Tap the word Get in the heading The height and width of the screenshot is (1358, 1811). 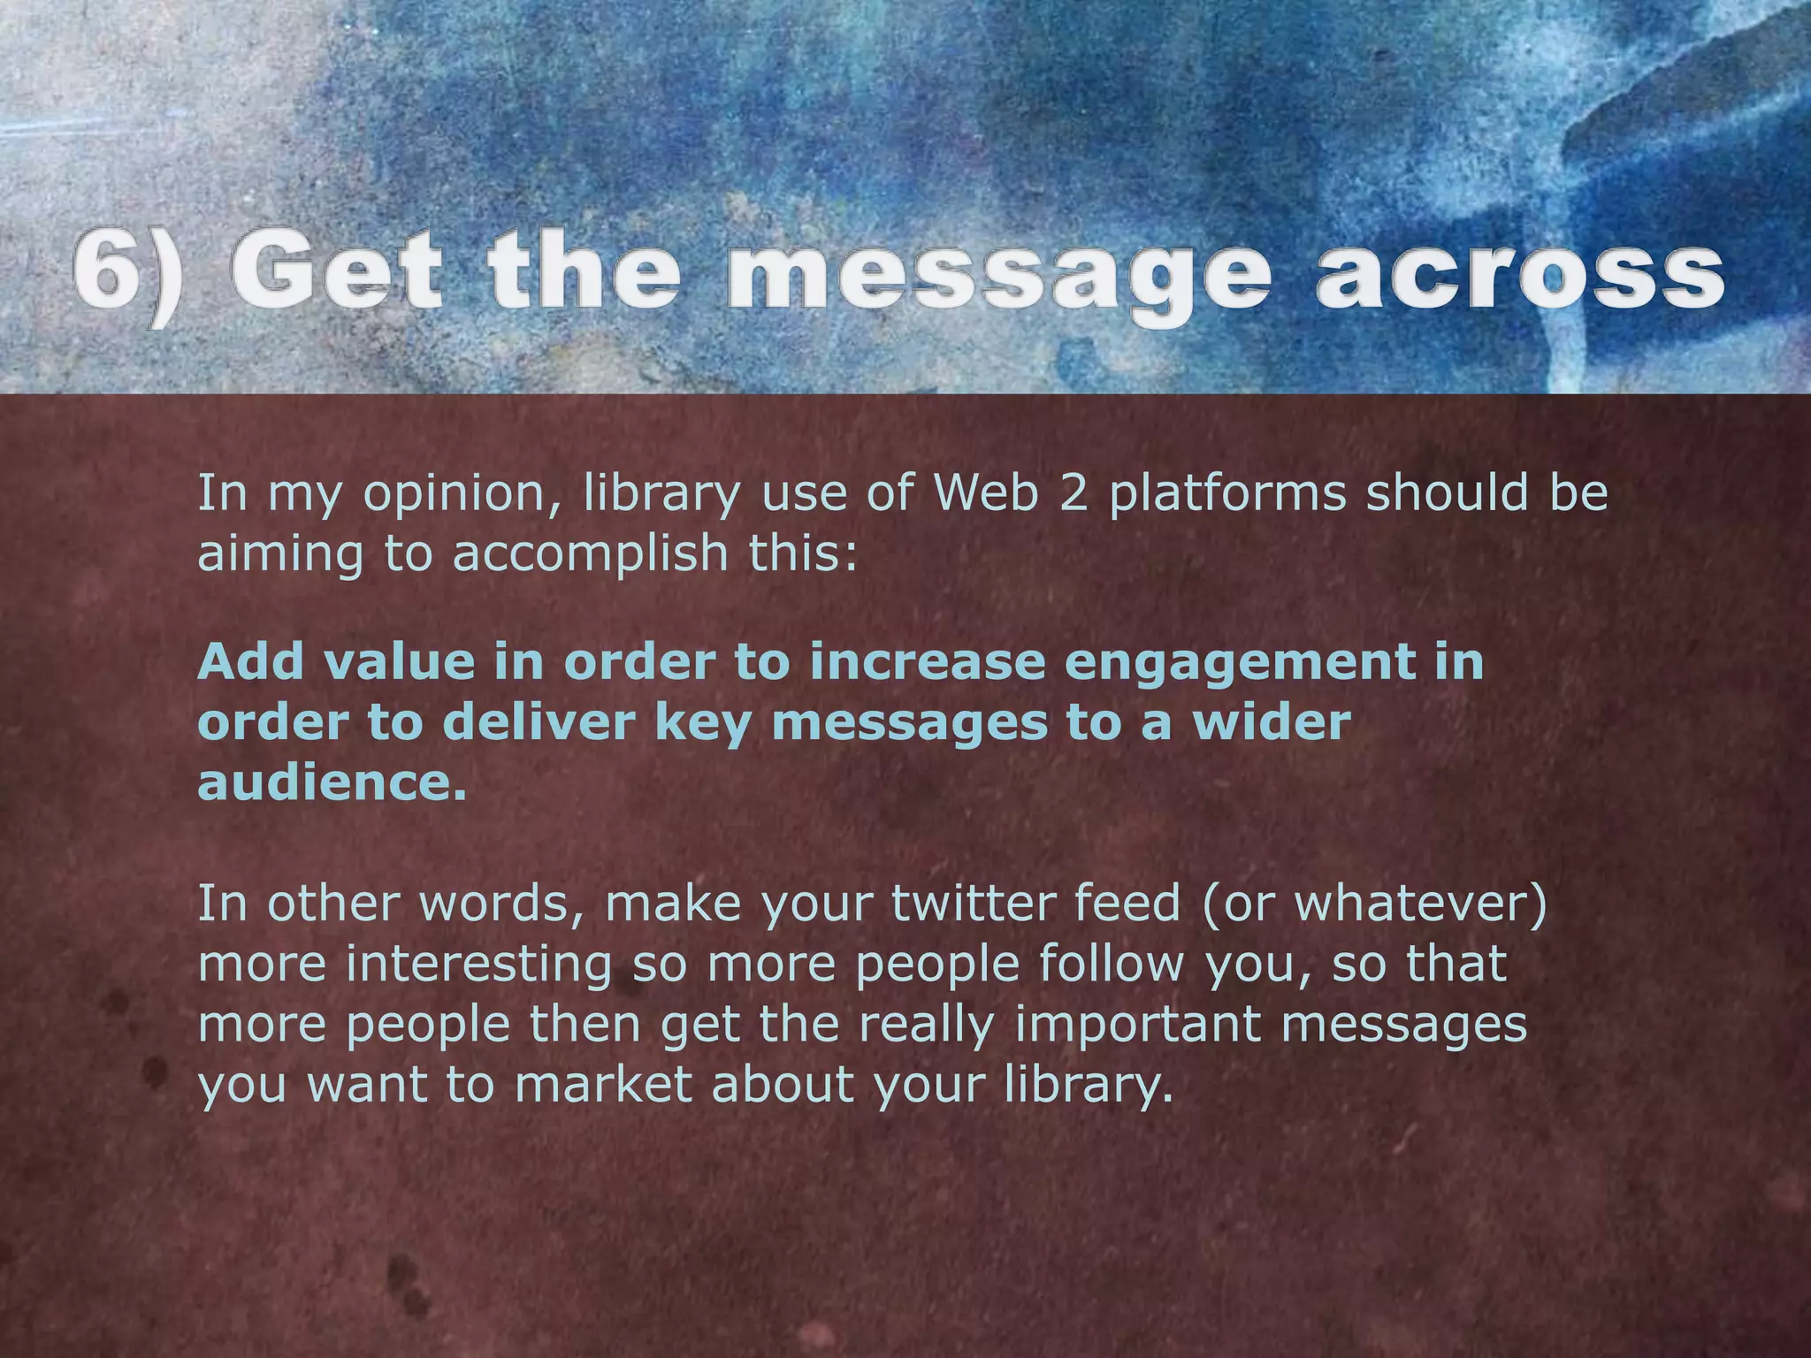pyautogui.click(x=336, y=270)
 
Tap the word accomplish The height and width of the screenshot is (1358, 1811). pyautogui.click(x=590, y=554)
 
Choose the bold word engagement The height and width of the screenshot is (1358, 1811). pyautogui.click(x=1230, y=663)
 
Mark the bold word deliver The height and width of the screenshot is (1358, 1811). pyautogui.click(x=539, y=722)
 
